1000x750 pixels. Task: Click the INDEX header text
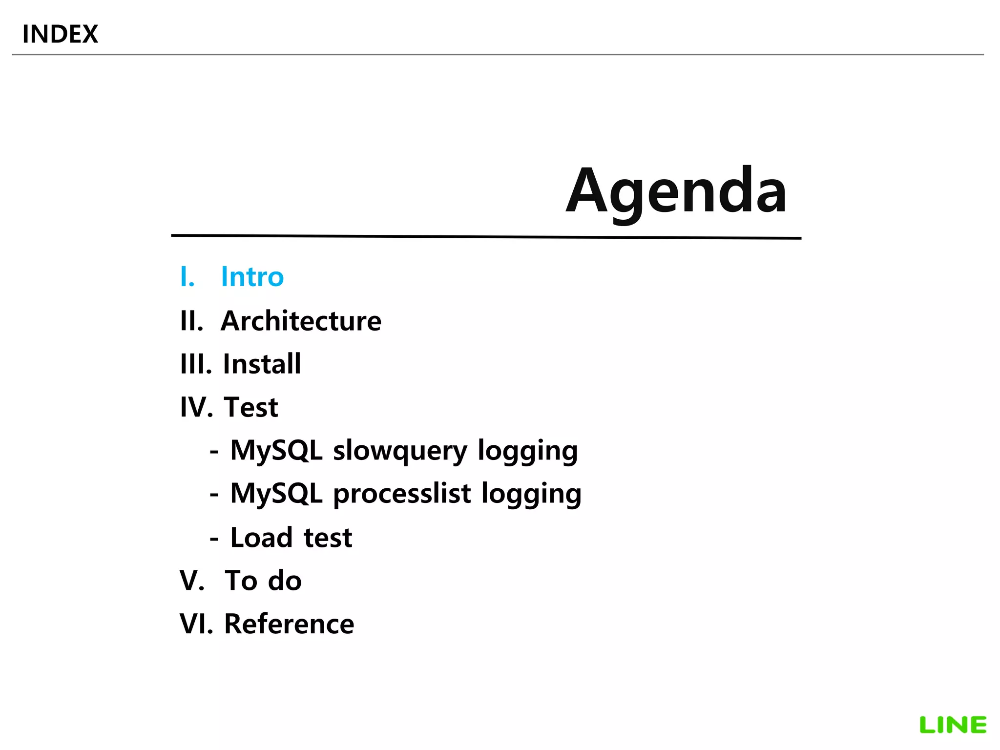click(60, 34)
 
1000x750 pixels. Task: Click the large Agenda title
click(676, 191)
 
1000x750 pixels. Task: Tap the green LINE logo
click(953, 725)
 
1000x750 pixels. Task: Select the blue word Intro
click(252, 277)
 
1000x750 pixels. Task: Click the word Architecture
click(301, 321)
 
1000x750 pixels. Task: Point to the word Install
click(262, 364)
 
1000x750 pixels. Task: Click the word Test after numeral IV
click(251, 407)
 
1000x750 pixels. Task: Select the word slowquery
click(400, 451)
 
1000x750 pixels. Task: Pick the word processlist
click(402, 494)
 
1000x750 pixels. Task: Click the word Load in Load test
click(261, 538)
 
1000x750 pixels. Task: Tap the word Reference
click(289, 624)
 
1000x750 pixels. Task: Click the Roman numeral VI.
click(194, 624)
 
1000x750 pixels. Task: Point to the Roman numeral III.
click(194, 364)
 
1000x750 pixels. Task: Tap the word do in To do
click(285, 581)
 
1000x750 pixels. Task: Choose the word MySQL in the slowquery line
click(276, 450)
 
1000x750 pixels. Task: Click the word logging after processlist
click(531, 494)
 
